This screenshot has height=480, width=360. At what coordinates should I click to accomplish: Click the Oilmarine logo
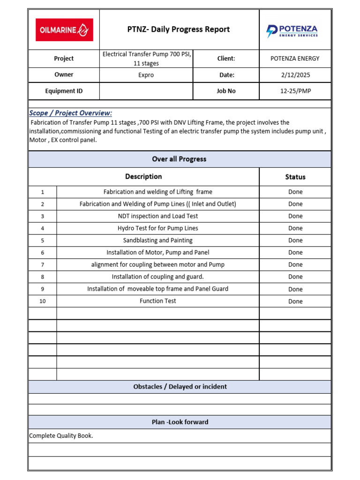pyautogui.click(x=64, y=30)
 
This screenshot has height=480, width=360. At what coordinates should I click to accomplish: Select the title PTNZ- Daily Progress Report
pyautogui.click(x=179, y=30)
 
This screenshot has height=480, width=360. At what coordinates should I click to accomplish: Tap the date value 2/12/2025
pyautogui.click(x=295, y=75)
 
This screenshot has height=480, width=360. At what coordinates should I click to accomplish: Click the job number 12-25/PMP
pyautogui.click(x=295, y=91)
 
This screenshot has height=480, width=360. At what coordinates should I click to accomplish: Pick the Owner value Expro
pyautogui.click(x=146, y=75)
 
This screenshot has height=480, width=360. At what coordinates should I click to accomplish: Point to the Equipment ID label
pyautogui.click(x=64, y=91)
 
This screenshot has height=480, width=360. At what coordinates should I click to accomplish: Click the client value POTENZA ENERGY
pyautogui.click(x=295, y=59)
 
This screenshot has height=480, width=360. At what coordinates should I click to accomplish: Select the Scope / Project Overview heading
pyautogui.click(x=71, y=113)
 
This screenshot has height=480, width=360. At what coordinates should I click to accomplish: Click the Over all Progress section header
pyautogui.click(x=179, y=159)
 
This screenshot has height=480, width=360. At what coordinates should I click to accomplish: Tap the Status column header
pyautogui.click(x=295, y=177)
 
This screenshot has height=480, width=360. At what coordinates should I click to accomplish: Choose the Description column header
pyautogui.click(x=143, y=176)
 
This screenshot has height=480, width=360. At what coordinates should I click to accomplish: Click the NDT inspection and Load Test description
pyautogui.click(x=158, y=216)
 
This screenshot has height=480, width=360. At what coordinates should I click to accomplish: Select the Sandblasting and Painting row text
pyautogui.click(x=158, y=240)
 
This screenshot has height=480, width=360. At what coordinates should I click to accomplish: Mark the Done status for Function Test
pyautogui.click(x=295, y=301)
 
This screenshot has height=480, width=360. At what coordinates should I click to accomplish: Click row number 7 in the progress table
pyautogui.click(x=43, y=265)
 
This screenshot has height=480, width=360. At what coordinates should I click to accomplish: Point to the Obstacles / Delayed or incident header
pyautogui.click(x=180, y=387)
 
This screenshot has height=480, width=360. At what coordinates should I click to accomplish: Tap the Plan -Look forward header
pyautogui.click(x=180, y=422)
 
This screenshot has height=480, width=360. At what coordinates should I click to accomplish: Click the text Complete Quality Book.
pyautogui.click(x=61, y=436)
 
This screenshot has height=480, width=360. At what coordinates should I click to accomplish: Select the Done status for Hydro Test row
pyautogui.click(x=295, y=228)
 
